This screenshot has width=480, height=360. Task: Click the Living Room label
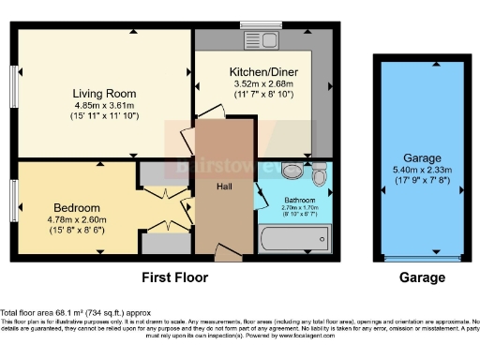coord(105,94)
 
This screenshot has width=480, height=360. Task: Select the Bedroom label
coord(70,206)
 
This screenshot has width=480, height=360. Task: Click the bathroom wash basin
coord(320,173)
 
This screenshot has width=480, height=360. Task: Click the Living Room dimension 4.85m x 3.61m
coord(105,105)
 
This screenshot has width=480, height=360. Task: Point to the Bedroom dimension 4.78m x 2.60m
coord(70,217)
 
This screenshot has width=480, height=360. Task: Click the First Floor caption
coord(174,277)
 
